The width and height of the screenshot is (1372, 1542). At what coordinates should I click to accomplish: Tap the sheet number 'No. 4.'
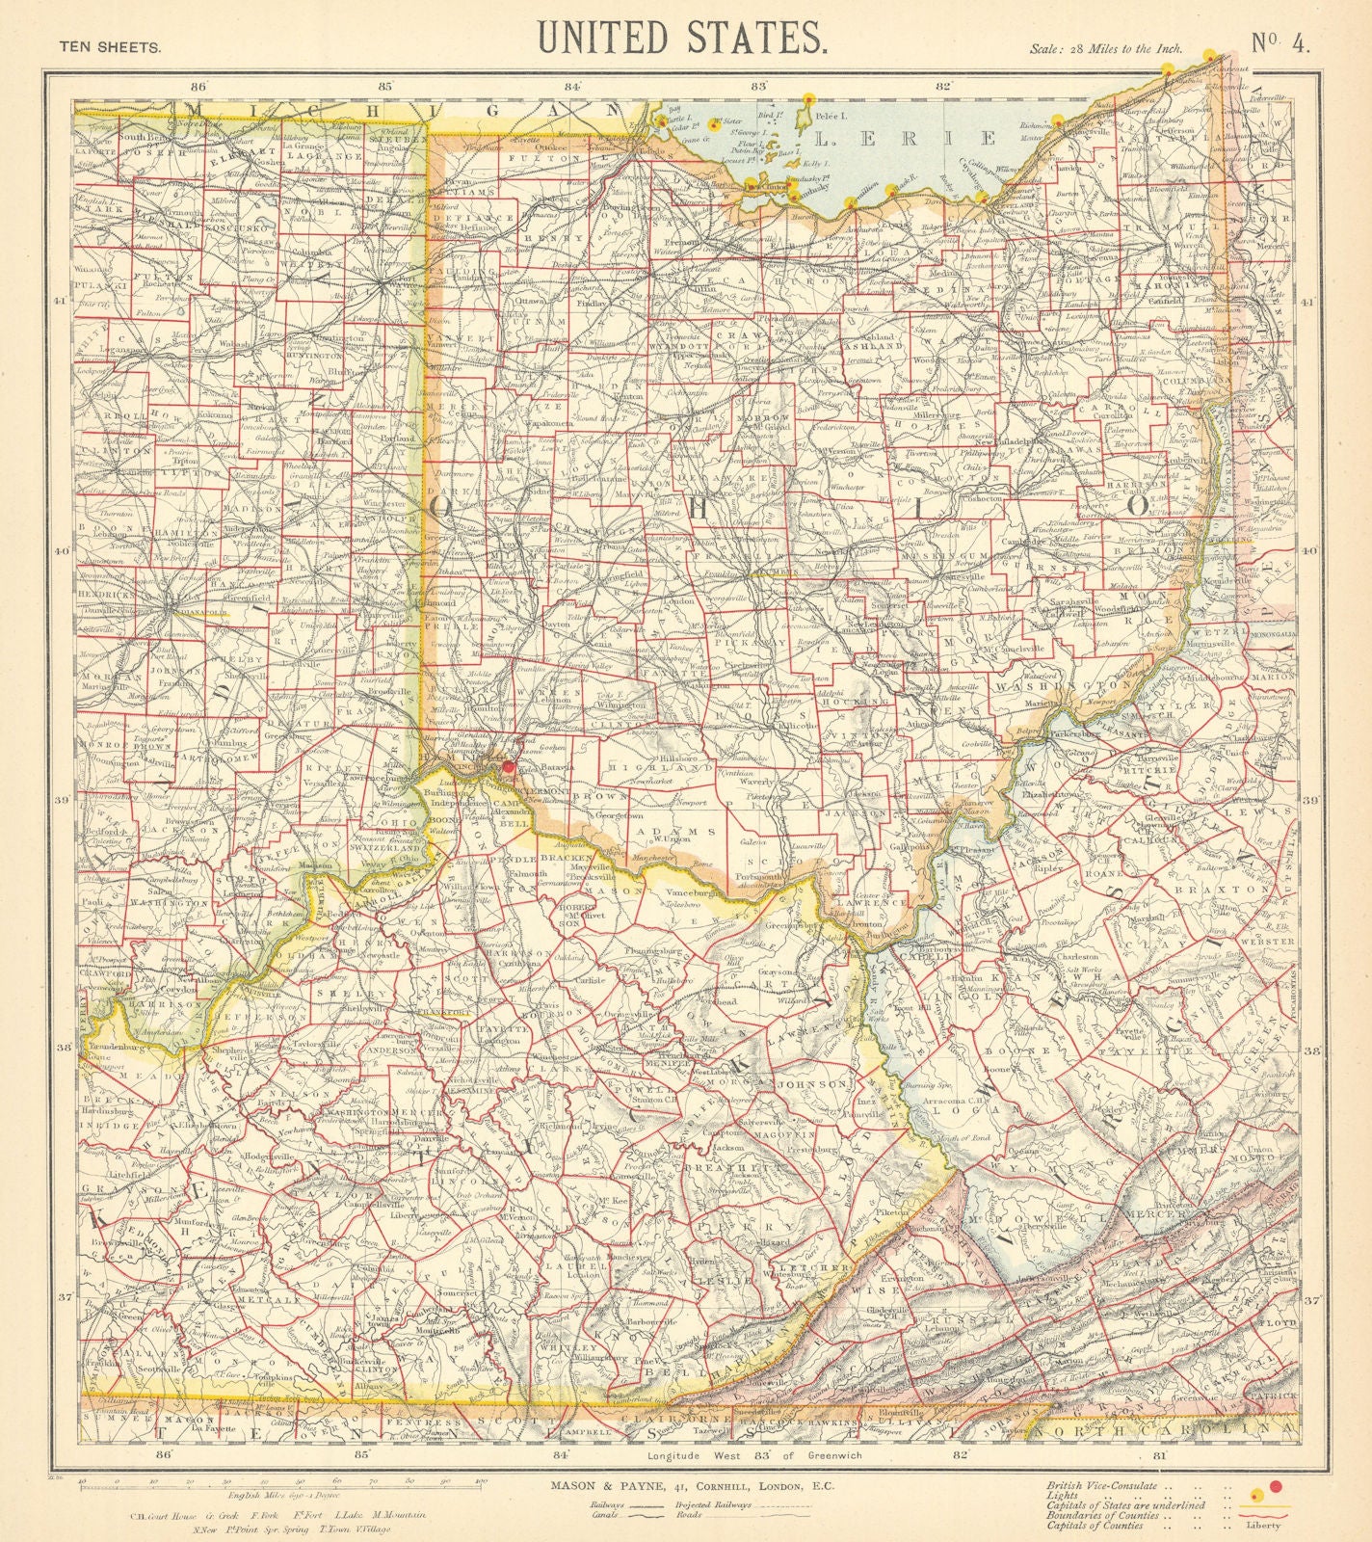pyautogui.click(x=1280, y=45)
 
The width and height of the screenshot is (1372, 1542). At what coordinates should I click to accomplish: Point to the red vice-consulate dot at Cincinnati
pyautogui.click(x=509, y=767)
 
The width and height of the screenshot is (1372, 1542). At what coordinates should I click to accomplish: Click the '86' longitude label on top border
pyautogui.click(x=200, y=86)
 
